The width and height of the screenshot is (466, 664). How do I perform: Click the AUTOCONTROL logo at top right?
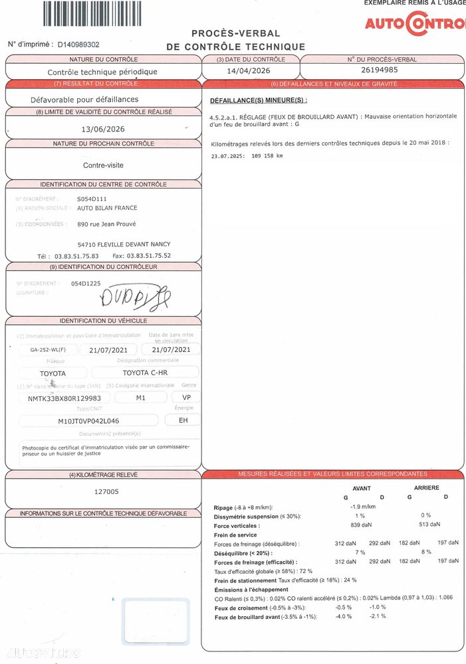(x=415, y=24)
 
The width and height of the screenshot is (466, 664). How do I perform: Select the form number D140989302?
(x=78, y=44)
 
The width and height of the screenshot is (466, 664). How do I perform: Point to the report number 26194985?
(x=380, y=70)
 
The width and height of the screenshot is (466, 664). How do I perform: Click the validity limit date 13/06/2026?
(x=102, y=129)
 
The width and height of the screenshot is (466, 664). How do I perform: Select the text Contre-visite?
(x=103, y=165)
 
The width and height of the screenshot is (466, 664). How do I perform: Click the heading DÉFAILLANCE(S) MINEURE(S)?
(x=259, y=100)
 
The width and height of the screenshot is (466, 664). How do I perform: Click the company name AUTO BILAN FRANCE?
(x=107, y=208)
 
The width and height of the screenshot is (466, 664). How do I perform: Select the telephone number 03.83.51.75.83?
(x=76, y=256)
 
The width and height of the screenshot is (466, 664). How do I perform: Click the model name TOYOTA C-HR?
(x=145, y=373)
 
